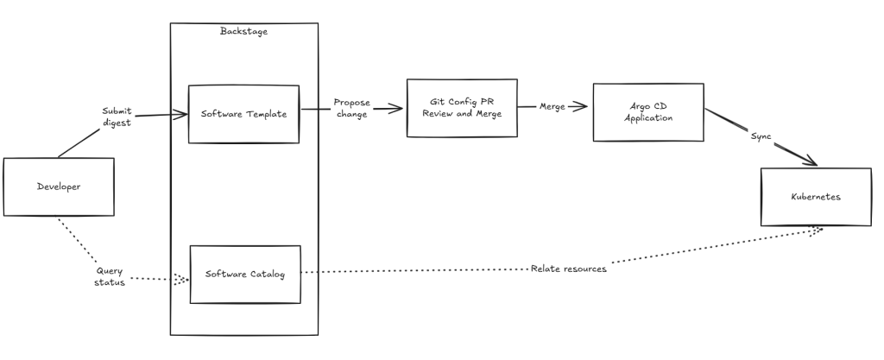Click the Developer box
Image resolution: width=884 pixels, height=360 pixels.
coord(59,186)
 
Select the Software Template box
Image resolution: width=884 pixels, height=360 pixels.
coord(243,114)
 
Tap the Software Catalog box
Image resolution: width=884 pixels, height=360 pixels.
coord(245,275)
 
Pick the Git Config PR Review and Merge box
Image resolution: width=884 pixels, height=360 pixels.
coord(462,108)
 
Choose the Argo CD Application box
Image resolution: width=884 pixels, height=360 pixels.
coord(648,112)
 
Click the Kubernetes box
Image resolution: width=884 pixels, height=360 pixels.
coord(816,197)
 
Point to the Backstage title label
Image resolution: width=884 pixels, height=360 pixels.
coord(244,31)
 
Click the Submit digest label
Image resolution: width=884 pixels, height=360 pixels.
coord(117,117)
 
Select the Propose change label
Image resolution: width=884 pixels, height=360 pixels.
coord(352,108)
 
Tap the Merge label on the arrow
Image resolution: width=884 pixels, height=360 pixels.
coord(552,106)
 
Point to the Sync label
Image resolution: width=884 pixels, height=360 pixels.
coord(761,136)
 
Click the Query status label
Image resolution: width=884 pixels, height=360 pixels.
coord(110,276)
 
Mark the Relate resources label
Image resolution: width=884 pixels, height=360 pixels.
coord(568,268)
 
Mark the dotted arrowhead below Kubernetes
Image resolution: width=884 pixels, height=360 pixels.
coord(818,231)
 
